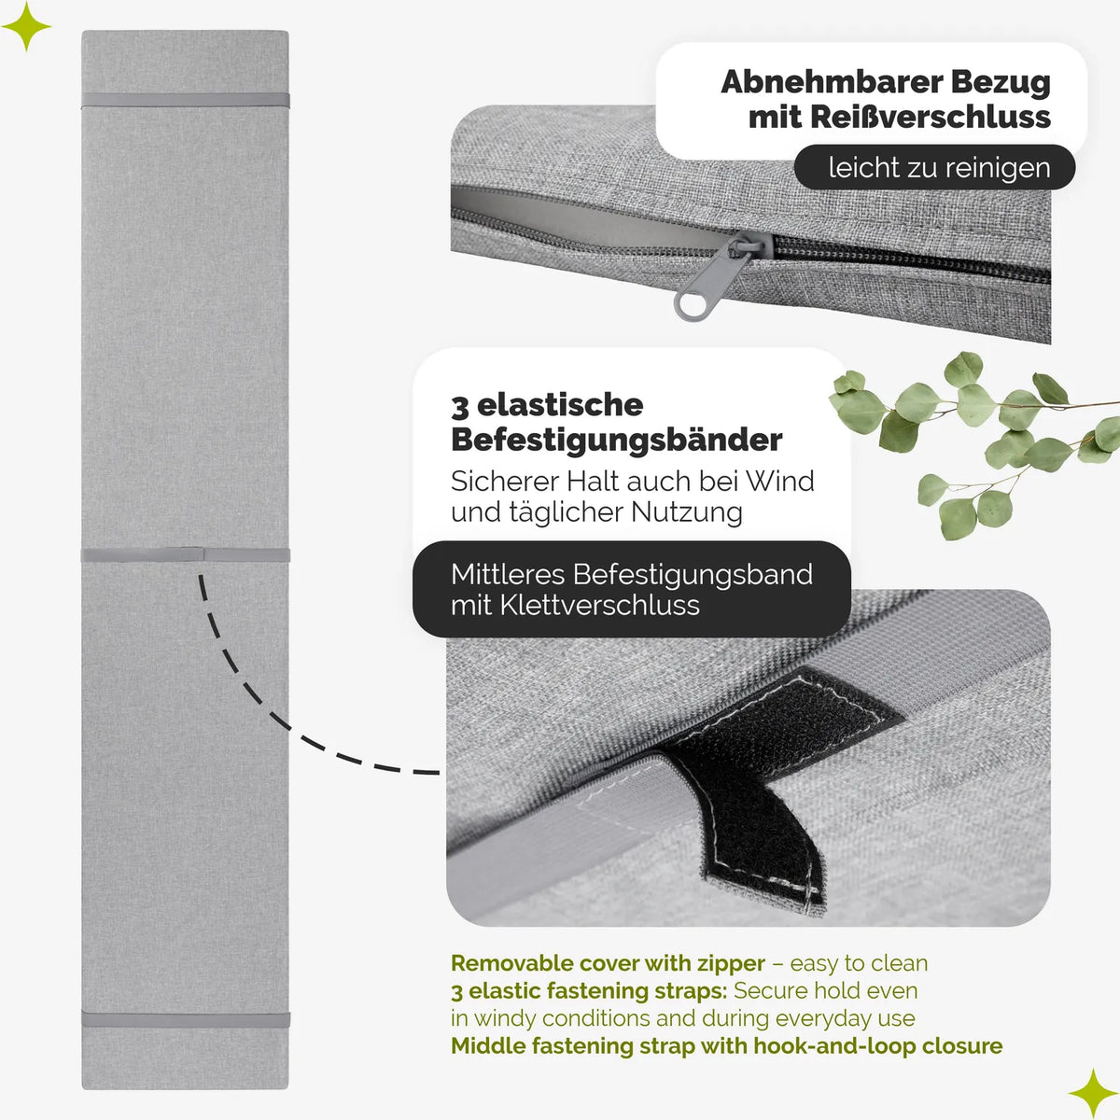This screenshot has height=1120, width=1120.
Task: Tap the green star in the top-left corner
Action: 26,26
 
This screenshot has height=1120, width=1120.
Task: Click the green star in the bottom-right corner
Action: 1093,1093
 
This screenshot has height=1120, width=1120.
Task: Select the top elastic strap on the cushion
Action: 186,100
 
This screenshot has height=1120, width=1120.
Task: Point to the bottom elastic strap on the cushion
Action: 186,1019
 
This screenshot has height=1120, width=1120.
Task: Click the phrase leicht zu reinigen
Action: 939,168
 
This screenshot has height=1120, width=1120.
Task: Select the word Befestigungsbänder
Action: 616,440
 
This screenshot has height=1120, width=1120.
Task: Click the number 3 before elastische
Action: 460,407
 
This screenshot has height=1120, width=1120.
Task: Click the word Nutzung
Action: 686,512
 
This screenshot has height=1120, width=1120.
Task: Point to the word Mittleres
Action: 508,574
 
